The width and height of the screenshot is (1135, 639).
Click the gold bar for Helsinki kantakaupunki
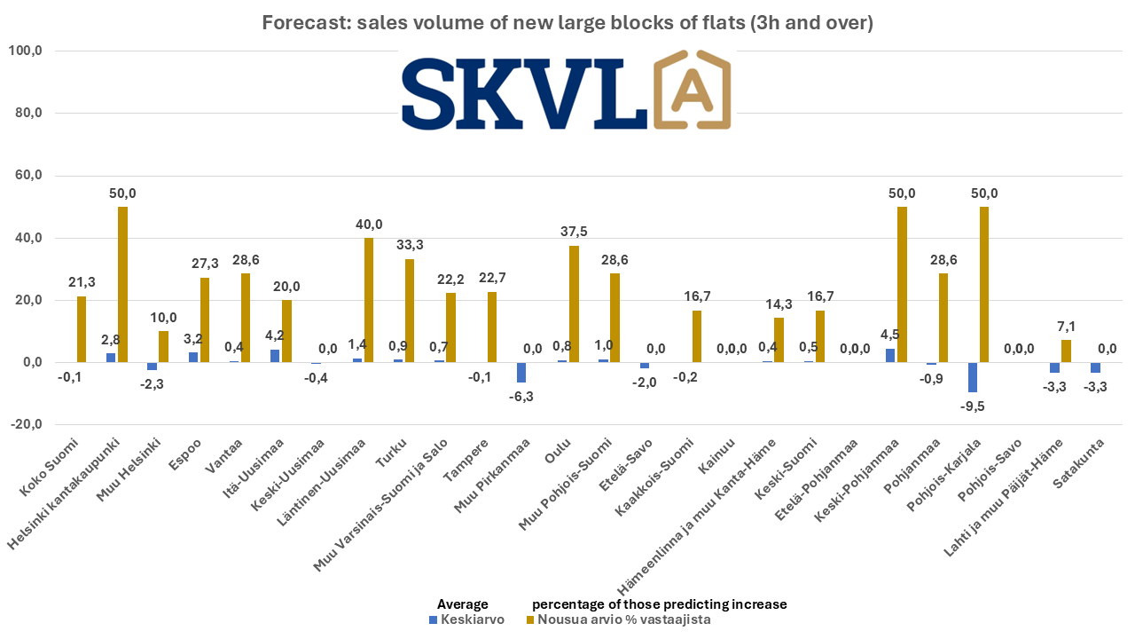(x=122, y=284)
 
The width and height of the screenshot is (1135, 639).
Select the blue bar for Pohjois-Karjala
(x=973, y=377)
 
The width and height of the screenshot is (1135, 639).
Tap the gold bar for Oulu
(x=573, y=304)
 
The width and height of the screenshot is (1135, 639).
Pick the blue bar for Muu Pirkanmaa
(x=521, y=372)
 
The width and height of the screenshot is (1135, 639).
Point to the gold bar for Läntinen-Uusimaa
(x=368, y=300)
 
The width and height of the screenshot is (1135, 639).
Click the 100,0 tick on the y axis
(x=25, y=51)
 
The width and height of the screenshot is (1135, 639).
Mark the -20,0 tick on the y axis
(x=24, y=424)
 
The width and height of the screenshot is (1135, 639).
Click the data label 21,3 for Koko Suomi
(x=82, y=281)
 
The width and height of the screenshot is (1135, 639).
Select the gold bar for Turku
(x=409, y=311)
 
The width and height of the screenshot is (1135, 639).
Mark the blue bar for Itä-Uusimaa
(x=276, y=356)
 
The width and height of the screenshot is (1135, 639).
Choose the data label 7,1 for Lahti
(x=1066, y=324)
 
